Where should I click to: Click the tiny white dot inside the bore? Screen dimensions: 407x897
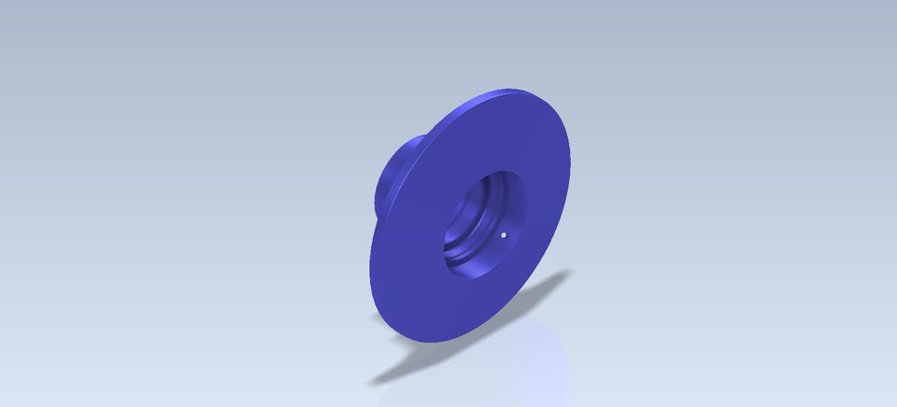[504, 235]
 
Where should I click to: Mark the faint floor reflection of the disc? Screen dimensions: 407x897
[523, 364]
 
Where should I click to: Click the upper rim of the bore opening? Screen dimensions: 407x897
[505, 172]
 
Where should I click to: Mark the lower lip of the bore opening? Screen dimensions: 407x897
[467, 278]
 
